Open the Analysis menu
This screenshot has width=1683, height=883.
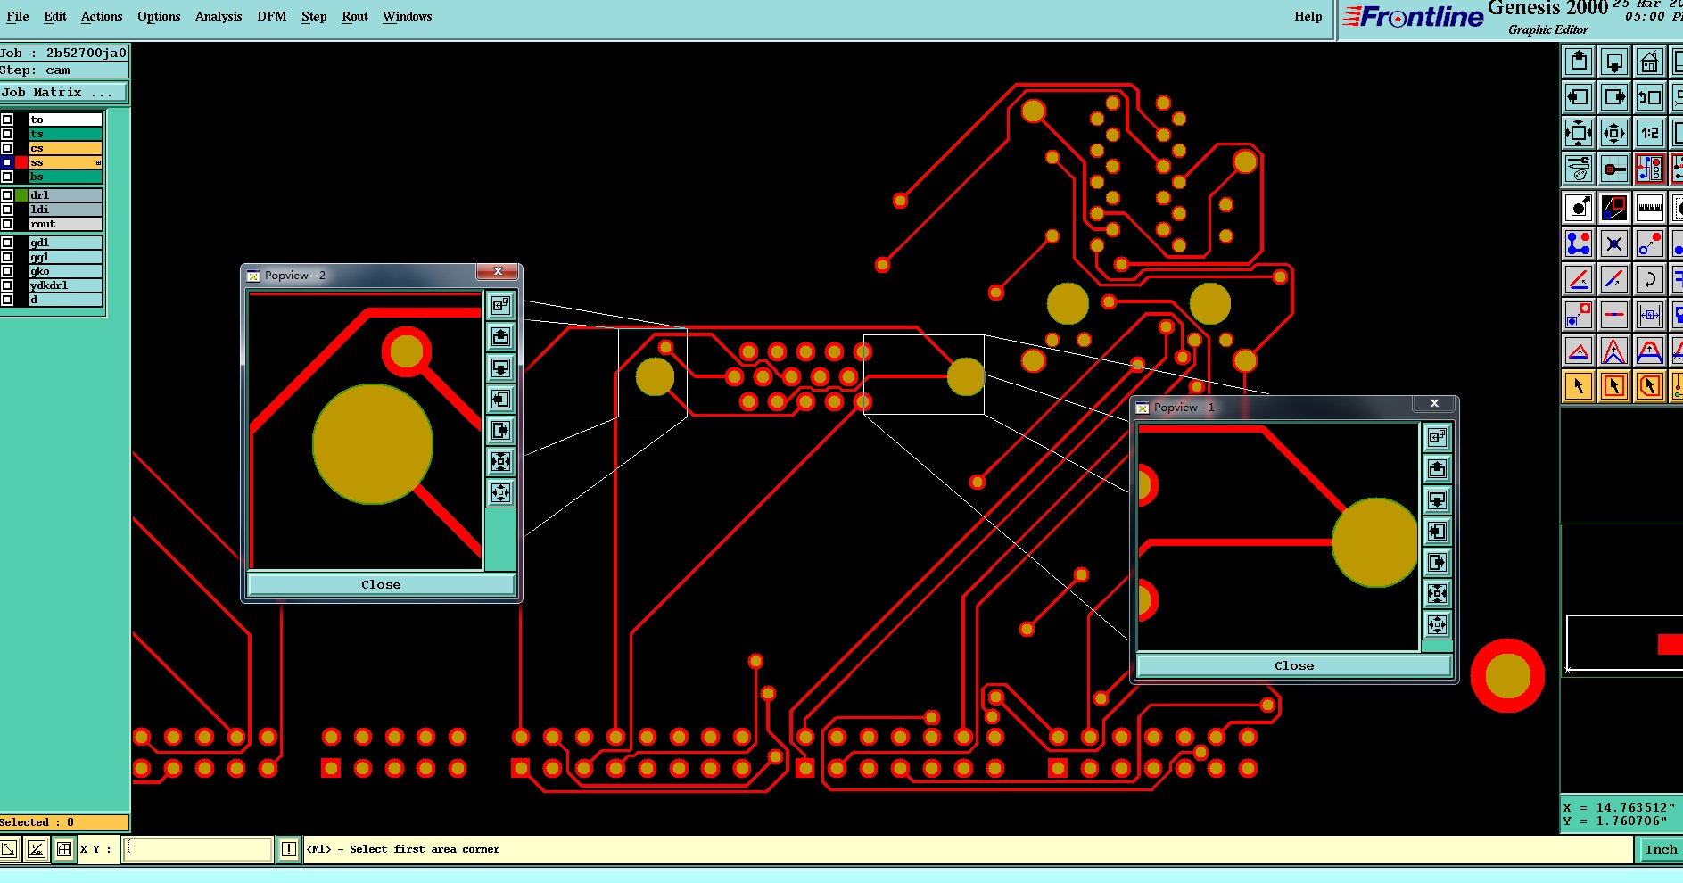(x=219, y=16)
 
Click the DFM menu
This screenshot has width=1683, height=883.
(x=272, y=16)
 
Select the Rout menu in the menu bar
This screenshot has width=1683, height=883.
(x=354, y=16)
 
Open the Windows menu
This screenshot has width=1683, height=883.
(x=407, y=16)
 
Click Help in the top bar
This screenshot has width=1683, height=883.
(x=1308, y=16)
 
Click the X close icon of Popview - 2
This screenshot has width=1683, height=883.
(x=498, y=272)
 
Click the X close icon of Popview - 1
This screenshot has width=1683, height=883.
(x=1434, y=404)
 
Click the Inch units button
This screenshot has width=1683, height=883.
(x=1661, y=849)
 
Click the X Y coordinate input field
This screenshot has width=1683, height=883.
(x=198, y=849)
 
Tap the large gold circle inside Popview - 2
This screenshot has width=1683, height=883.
(x=373, y=444)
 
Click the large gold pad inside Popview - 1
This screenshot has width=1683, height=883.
(x=1374, y=542)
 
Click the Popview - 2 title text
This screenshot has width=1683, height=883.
(x=295, y=276)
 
